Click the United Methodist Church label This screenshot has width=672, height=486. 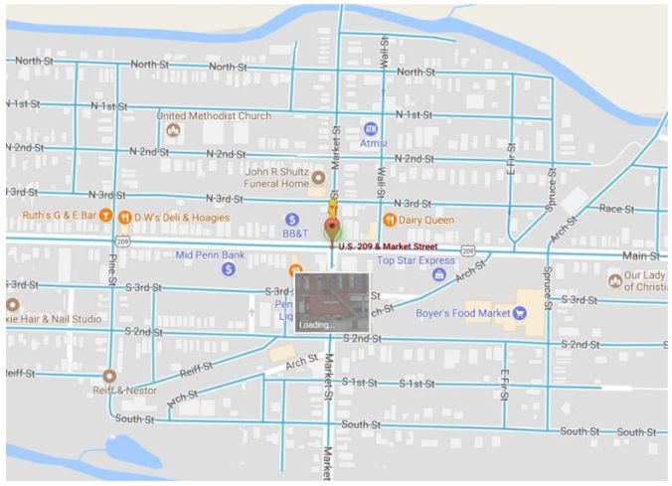point(213,116)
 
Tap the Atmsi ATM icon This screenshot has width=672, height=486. point(371,128)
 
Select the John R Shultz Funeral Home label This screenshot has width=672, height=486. point(270,177)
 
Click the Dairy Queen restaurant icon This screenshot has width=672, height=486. point(390,219)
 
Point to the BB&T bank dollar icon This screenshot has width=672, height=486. point(292,219)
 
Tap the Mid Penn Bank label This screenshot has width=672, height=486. point(210,254)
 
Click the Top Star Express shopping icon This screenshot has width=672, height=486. point(439,274)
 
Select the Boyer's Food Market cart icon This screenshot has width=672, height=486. point(519,313)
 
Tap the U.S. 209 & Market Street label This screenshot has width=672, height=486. point(388,245)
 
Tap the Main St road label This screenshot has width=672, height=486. point(641,256)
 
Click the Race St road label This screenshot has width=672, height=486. point(616,209)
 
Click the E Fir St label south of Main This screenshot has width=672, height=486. point(505,384)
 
